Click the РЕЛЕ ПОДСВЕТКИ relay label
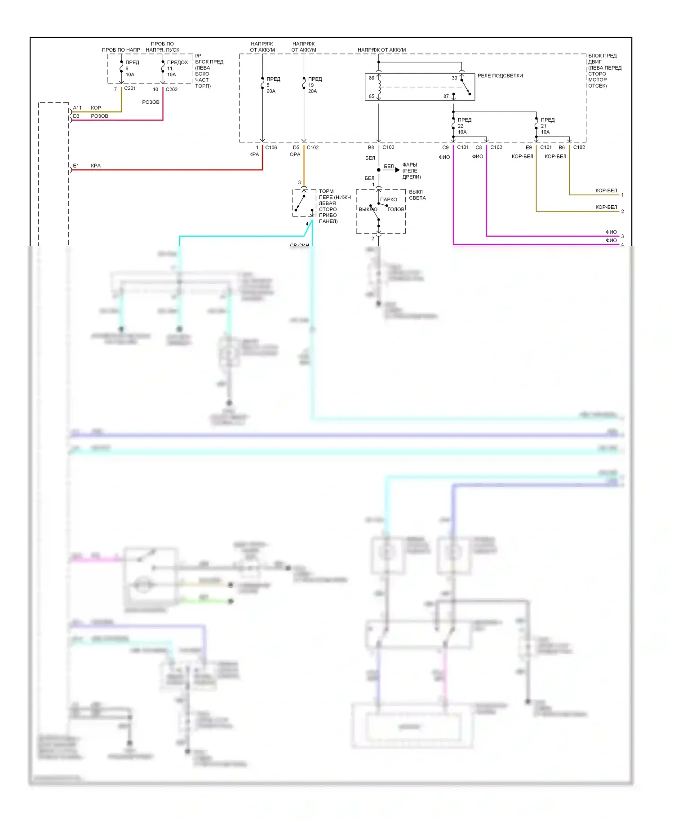[x=500, y=76]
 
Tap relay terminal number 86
[x=372, y=78]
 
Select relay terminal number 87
[x=446, y=97]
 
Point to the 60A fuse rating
[x=271, y=91]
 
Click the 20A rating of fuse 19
[x=312, y=91]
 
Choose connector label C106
[x=271, y=147]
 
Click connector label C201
[x=130, y=88]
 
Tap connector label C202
[x=172, y=89]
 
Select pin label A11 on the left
[x=77, y=108]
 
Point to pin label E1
[x=76, y=166]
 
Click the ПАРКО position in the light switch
[x=389, y=199]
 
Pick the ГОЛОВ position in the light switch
[x=396, y=209]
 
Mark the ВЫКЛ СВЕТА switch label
[x=417, y=195]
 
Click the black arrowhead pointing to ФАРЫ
[x=397, y=170]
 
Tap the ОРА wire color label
[x=295, y=154]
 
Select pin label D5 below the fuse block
[x=296, y=147]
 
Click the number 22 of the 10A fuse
[x=461, y=126]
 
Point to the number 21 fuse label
[x=544, y=126]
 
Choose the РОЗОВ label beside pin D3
[x=99, y=116]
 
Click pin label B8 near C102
[x=371, y=147]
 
